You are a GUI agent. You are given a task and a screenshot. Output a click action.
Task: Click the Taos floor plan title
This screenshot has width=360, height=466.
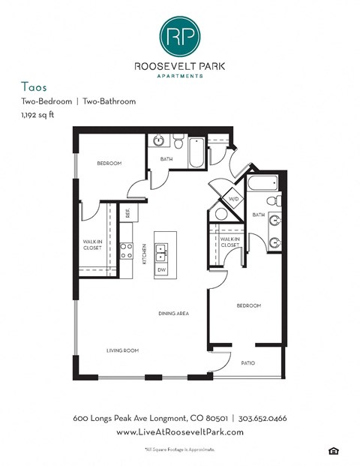coord(34,87)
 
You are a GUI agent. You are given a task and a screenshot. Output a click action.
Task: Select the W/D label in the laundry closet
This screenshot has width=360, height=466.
coord(233,199)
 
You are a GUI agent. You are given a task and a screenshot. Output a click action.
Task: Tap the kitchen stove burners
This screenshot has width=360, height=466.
coord(126,251)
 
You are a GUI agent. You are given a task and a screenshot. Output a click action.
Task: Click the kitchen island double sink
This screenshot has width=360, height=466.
coord(160,252)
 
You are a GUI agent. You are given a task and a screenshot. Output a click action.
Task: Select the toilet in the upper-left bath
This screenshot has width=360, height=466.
coord(178,141)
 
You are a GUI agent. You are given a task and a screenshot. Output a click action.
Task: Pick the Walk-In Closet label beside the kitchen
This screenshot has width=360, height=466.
coord(92,244)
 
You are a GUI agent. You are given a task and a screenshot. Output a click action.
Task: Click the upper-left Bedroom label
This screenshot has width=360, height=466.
coord(109,163)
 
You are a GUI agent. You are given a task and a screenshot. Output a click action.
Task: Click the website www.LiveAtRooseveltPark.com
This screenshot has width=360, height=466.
coord(180,432)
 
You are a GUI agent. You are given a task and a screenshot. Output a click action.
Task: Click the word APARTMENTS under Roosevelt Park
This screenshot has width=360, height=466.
coord(179,75)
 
